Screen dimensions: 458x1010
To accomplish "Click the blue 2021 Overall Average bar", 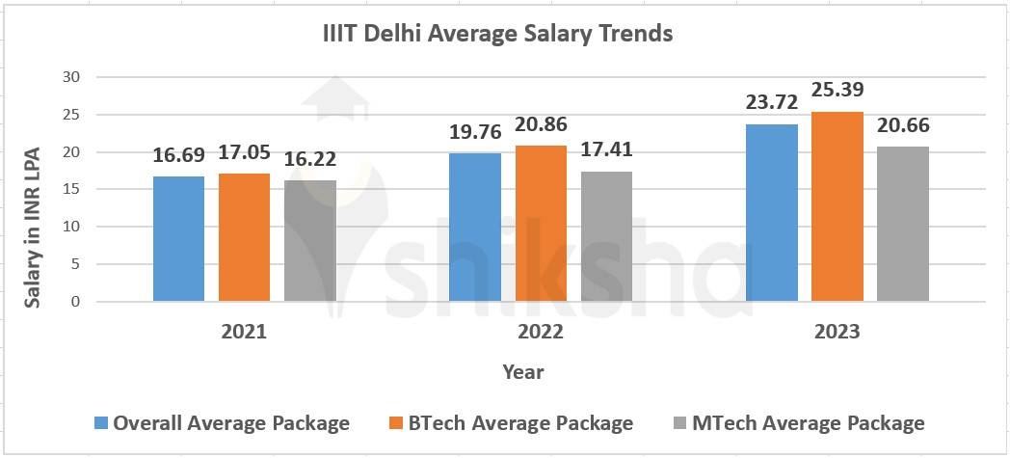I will pos(178,239).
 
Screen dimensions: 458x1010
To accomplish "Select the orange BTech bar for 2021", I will pos(244,237).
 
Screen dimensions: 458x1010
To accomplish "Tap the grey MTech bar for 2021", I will pos(309,241).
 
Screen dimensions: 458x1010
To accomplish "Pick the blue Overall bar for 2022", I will pos(475,228).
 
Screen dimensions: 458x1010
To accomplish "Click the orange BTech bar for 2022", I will pos(541,224).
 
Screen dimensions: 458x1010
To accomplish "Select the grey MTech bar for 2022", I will pos(606,236).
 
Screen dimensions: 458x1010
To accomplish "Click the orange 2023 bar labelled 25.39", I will pos(837,206).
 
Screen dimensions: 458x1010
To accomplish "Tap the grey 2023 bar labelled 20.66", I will pos(903,224).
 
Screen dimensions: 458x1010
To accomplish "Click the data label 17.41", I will pos(606,149).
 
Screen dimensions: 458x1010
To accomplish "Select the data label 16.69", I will pos(179,155).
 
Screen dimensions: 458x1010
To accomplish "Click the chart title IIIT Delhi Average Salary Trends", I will pos(497,34).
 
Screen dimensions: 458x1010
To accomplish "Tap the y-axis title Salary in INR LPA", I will pos(32,227).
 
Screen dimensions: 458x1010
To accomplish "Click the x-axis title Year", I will pos(522,372).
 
